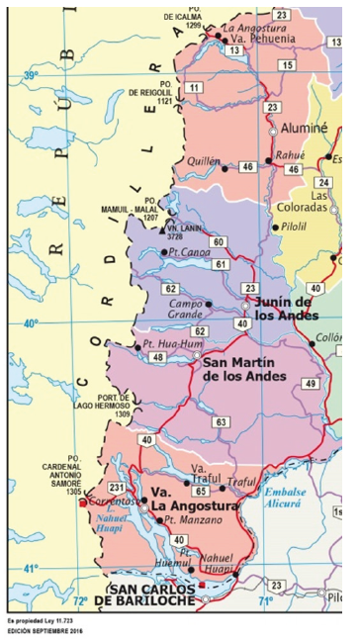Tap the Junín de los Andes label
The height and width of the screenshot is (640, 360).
coord(287,308)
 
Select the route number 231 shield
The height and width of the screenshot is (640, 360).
coord(117,488)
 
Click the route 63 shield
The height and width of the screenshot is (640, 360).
coord(221,422)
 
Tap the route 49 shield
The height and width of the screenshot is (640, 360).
coord(311,383)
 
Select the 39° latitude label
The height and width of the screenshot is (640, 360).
coord(30,76)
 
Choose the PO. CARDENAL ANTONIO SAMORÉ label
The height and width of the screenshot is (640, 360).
coord(60,479)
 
